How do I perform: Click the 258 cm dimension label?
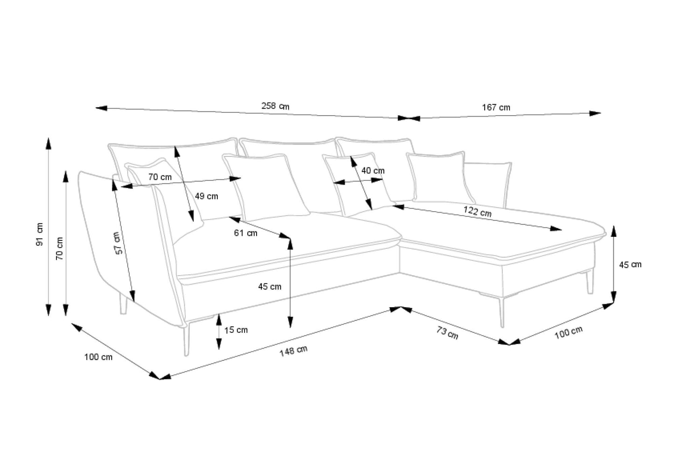275,106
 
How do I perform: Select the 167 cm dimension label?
496,107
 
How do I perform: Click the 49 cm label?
206,196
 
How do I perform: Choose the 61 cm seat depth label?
245,233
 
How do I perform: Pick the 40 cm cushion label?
373,171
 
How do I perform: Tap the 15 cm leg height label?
236,330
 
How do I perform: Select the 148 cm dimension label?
293,350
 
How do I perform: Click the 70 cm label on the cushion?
160,177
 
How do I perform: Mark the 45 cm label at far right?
630,265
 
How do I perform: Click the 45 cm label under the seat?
270,287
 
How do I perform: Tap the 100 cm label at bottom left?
98,357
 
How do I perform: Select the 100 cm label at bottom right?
568,332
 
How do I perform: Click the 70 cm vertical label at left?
60,249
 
